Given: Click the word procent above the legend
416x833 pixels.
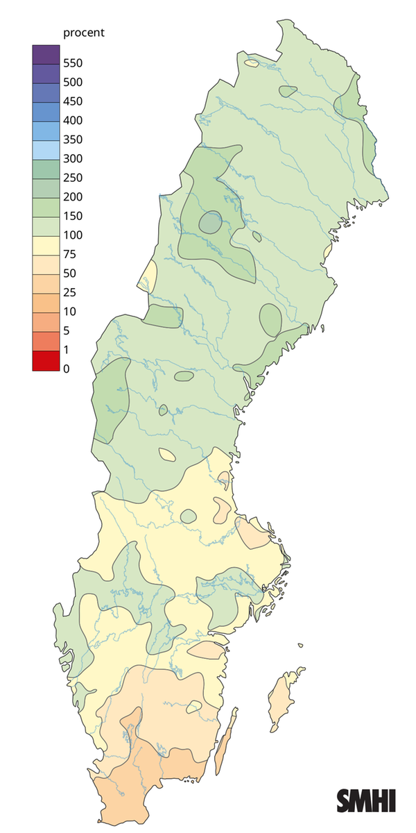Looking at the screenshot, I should click(x=83, y=33).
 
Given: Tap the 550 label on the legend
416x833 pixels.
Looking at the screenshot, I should click(x=72, y=63).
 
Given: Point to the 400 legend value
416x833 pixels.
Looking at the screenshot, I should click(x=72, y=120).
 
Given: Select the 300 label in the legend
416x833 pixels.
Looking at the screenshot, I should click(x=72, y=158).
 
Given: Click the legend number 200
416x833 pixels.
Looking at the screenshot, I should click(x=72, y=196).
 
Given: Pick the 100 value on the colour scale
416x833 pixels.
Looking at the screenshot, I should click(x=72, y=235).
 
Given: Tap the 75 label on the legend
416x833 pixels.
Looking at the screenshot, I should click(x=69, y=254).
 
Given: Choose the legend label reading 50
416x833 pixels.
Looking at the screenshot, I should click(x=69, y=273).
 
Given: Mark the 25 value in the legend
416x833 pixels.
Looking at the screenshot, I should click(x=69, y=292).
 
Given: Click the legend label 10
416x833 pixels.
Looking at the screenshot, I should click(x=69, y=311).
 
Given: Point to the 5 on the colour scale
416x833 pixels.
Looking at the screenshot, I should click(x=66, y=330).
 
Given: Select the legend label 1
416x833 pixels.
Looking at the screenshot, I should click(x=66, y=349).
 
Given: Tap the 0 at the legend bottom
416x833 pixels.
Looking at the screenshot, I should click(x=66, y=369).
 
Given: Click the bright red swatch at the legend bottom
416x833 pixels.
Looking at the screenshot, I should click(x=45, y=360).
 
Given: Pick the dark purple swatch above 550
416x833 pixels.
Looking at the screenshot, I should click(x=45, y=54).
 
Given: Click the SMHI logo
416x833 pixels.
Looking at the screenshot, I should click(x=366, y=800).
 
